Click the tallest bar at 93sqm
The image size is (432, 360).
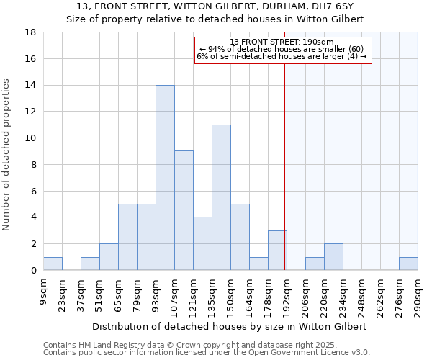[x=165, y=178]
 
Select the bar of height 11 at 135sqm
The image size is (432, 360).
[x=221, y=197]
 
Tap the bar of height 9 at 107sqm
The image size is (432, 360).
[x=184, y=210]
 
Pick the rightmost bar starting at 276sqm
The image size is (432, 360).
[x=408, y=264]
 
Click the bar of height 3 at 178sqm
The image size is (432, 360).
[x=277, y=251]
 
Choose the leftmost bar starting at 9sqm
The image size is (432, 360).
[x=53, y=264]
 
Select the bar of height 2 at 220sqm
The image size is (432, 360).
[x=333, y=257]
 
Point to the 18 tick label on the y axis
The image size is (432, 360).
[x=31, y=32]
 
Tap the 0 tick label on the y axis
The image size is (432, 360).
[x=34, y=271]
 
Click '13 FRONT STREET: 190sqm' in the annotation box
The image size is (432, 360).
[x=282, y=42]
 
